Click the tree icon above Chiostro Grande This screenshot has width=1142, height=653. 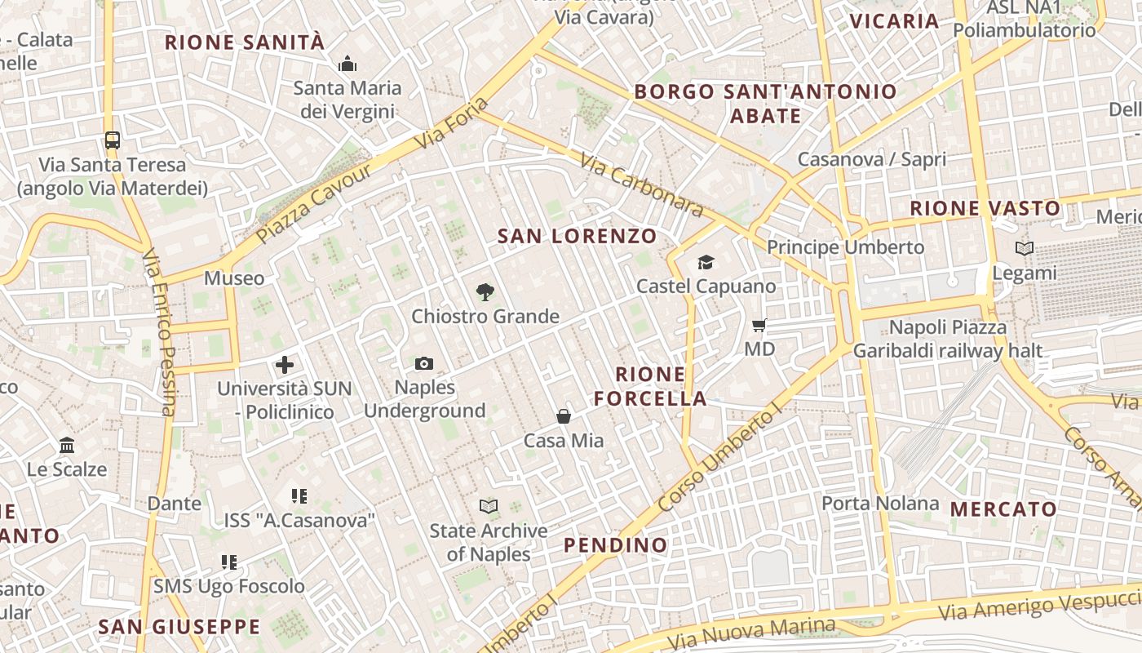click(485, 291)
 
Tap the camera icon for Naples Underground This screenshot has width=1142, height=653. click(424, 363)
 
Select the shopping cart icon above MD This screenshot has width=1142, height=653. click(759, 326)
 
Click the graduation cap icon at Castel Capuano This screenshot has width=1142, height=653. click(706, 262)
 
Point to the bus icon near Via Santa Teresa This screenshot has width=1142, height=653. click(113, 140)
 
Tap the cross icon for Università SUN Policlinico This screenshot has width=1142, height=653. click(285, 365)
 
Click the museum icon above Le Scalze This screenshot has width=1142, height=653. click(67, 446)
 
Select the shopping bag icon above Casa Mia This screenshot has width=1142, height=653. click(564, 417)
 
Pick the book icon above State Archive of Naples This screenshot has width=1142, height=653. click(489, 507)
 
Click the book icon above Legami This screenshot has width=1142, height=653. click(1025, 248)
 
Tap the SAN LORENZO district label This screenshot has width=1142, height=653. click(577, 237)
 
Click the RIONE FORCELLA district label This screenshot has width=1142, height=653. click(650, 387)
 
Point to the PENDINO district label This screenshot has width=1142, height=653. click(616, 544)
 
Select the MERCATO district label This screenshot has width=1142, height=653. click(1003, 509)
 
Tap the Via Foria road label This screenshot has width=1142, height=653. click(453, 123)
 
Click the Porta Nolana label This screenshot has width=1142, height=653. click(880, 503)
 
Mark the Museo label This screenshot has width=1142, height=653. click(234, 278)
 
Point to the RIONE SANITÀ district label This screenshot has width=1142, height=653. click(245, 42)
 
